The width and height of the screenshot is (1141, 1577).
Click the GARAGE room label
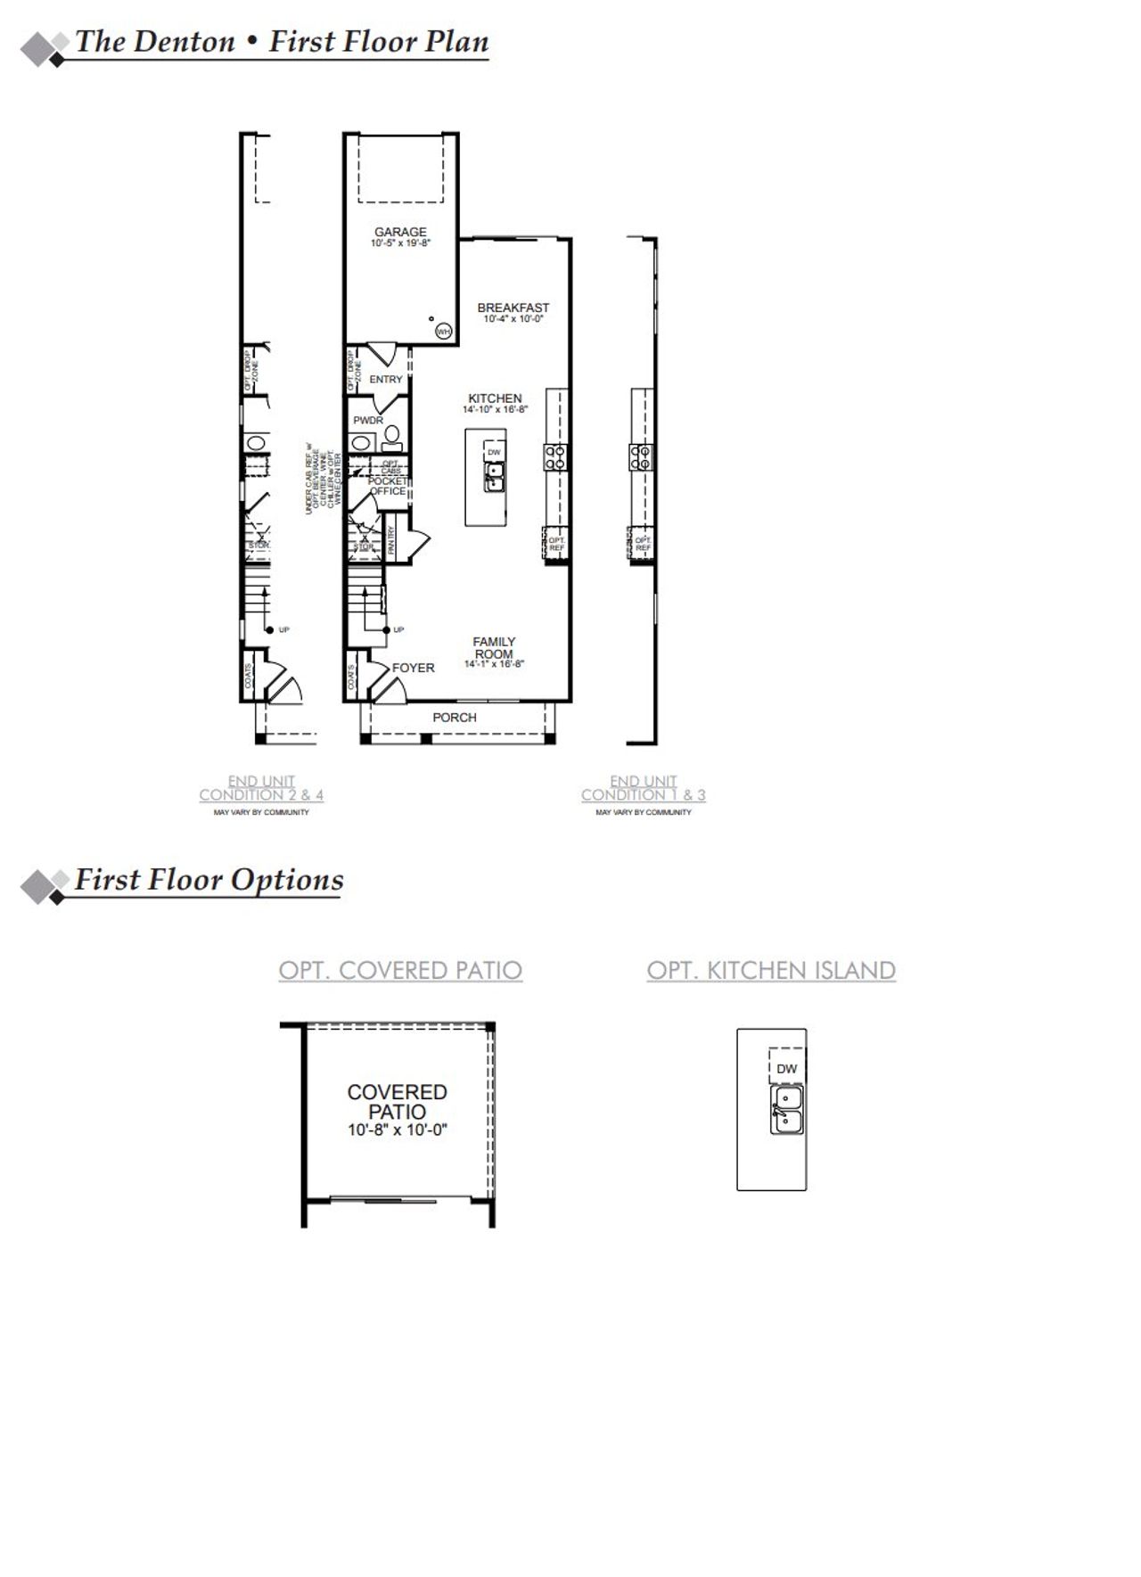click(400, 232)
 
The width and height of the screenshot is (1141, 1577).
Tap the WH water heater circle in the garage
click(443, 332)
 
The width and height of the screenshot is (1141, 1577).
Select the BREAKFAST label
click(513, 308)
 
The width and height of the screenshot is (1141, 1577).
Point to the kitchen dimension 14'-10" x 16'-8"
click(495, 410)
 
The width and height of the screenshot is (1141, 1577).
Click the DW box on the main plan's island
click(494, 452)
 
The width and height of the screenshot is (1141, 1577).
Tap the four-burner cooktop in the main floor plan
click(556, 457)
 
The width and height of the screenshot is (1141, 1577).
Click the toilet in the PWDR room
click(391, 436)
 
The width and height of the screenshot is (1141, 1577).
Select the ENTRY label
click(386, 380)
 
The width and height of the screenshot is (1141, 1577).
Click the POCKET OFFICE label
click(388, 486)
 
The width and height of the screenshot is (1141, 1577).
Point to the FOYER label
click(414, 668)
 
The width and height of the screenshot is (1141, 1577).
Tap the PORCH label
click(455, 718)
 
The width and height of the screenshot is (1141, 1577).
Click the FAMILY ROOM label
click(494, 647)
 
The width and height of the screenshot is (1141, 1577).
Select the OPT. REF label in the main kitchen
click(556, 544)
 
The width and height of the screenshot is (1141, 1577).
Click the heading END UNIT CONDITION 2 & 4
click(261, 788)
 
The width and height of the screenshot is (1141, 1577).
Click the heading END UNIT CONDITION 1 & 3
click(644, 788)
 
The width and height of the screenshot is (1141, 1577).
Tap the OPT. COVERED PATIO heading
click(400, 970)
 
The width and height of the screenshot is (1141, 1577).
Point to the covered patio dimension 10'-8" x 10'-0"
click(397, 1130)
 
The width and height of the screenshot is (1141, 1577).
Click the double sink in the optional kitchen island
click(786, 1110)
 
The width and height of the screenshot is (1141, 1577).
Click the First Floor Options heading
click(209, 880)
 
